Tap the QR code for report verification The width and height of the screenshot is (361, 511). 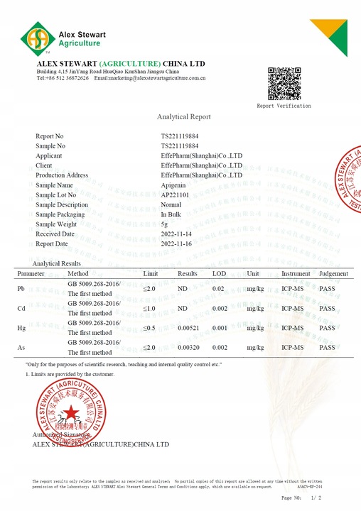tap(284, 84)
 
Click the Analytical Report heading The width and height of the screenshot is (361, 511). tap(183, 116)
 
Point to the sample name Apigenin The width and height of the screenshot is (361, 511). tap(175, 185)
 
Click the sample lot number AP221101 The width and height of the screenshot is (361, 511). tap(175, 194)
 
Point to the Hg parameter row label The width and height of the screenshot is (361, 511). tap(21, 329)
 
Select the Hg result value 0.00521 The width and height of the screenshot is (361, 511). tap(190, 329)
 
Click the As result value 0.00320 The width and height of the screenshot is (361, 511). tap(190, 348)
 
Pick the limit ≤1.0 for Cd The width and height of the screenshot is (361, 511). tap(149, 309)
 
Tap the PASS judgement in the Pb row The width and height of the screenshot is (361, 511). tap(327, 289)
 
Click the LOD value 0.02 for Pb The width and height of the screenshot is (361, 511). tap(218, 289)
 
